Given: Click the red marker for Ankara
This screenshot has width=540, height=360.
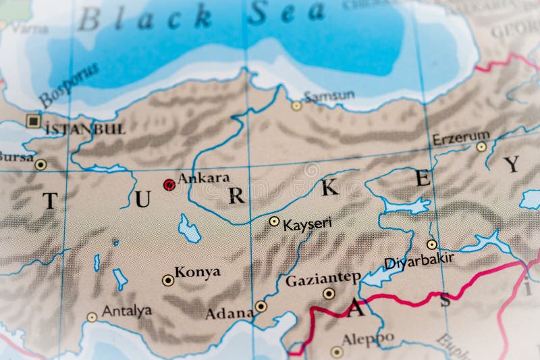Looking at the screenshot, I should click(169, 184).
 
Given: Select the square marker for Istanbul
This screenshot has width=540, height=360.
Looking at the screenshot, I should click(32, 121).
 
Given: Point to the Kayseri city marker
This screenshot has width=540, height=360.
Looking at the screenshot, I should click(274, 221).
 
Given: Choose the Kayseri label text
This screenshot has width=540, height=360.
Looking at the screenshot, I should click(307, 224).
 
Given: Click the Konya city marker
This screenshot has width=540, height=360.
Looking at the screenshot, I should click(167, 280).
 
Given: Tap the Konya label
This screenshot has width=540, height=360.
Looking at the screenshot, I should click(197, 272).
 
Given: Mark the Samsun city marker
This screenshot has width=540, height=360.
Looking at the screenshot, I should click(296, 105).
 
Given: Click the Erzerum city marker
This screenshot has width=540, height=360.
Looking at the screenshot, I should click(481, 147).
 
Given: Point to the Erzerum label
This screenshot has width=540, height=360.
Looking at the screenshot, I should click(461, 138).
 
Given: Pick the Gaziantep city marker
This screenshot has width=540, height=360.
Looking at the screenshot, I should click(329, 293).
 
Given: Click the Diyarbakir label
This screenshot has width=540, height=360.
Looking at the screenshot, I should click(418, 260).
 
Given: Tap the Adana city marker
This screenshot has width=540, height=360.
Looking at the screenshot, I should click(261, 306).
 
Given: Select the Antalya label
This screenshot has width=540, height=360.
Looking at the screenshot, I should click(126, 311).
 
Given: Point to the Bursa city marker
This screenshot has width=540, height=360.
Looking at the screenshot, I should click(40, 164).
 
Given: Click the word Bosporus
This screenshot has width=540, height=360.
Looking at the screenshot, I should click(68, 84).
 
